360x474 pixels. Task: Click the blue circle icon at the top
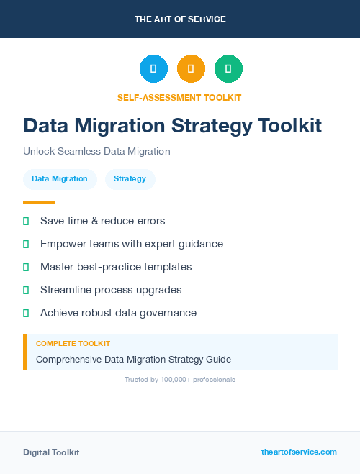(x=153, y=69)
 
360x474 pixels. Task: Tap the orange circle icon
(x=191, y=69)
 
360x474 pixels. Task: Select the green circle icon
(x=228, y=69)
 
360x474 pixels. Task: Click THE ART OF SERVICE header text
(x=180, y=19)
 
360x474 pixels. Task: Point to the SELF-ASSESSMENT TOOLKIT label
(x=179, y=97)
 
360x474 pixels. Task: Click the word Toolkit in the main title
(x=291, y=126)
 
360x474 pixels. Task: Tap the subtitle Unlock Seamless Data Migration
(x=96, y=152)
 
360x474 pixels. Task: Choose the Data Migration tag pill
(x=60, y=178)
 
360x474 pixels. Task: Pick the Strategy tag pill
(x=130, y=178)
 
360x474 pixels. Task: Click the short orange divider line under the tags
(x=39, y=202)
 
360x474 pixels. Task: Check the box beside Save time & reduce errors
(x=26, y=221)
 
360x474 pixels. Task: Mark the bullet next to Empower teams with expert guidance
(x=26, y=244)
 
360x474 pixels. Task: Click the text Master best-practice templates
(x=116, y=267)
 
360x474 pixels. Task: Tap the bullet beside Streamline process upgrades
(x=26, y=290)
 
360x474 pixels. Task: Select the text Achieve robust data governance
(x=118, y=313)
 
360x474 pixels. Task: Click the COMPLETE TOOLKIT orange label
(x=73, y=344)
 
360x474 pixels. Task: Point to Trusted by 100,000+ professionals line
(x=180, y=379)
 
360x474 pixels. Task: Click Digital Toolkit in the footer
(x=51, y=452)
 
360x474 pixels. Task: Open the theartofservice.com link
(x=299, y=452)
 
